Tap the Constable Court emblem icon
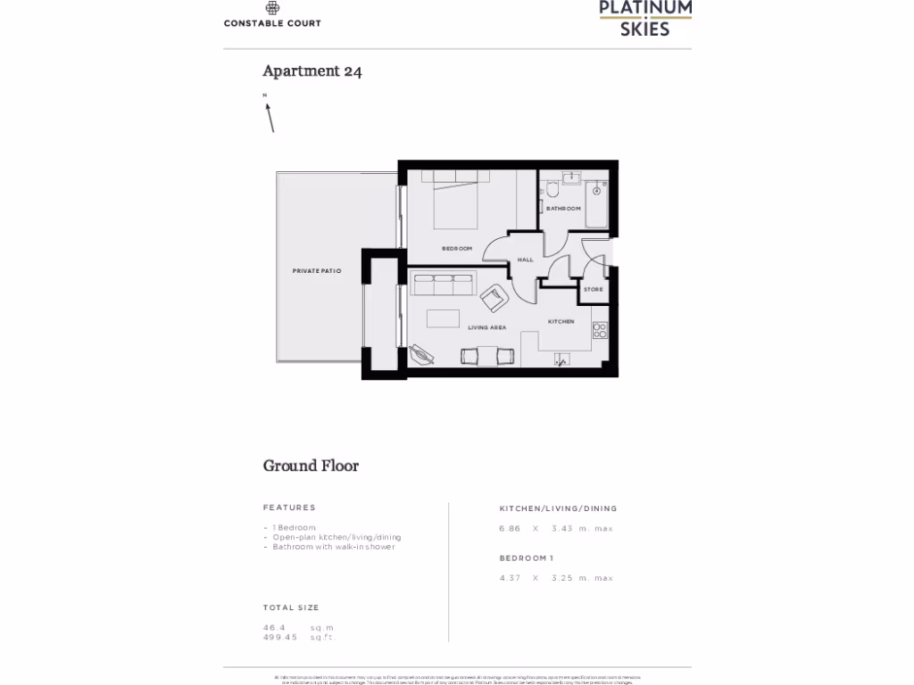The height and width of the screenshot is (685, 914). [x=272, y=6]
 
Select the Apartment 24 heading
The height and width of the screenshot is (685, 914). [x=312, y=71]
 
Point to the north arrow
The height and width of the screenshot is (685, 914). [x=269, y=116]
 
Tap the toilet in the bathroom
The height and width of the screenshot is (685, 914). [x=553, y=189]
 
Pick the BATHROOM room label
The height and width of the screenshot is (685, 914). [x=563, y=209]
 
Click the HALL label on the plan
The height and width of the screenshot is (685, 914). [x=525, y=260]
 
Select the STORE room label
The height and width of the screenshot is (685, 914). [x=593, y=289]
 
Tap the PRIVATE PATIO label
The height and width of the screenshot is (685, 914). [x=318, y=269]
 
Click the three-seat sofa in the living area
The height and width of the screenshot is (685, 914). [x=442, y=285]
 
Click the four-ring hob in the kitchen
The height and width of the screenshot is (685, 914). [x=600, y=330]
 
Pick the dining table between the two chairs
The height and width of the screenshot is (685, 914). [x=487, y=356]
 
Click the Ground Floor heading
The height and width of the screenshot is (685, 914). [x=311, y=466]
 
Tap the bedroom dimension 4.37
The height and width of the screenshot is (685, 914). [x=511, y=578]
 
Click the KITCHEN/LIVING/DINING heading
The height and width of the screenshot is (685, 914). [x=558, y=508]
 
